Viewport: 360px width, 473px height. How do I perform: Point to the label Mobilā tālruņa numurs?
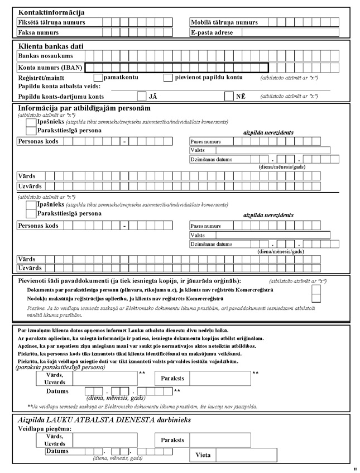tap(224, 22)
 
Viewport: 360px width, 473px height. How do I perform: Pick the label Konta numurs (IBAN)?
tap(50, 67)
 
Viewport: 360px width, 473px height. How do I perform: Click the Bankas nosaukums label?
tap(45, 56)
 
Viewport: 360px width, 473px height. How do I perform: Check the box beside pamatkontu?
tap(98, 78)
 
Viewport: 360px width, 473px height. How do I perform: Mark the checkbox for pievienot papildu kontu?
tap(168, 78)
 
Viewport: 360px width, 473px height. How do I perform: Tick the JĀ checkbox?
tap(142, 97)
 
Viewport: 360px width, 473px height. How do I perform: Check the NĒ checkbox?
tap(229, 97)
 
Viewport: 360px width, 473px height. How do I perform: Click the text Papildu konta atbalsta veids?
tap(59, 87)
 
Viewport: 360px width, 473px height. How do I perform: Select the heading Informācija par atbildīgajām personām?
tap(84, 108)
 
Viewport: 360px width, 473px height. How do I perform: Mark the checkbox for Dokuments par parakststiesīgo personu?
tap(316, 290)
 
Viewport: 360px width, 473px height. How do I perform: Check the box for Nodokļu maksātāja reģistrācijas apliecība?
tap(316, 299)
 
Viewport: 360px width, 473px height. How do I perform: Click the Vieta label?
tap(203, 455)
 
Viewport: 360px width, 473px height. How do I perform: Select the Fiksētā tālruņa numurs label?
tap(52, 22)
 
